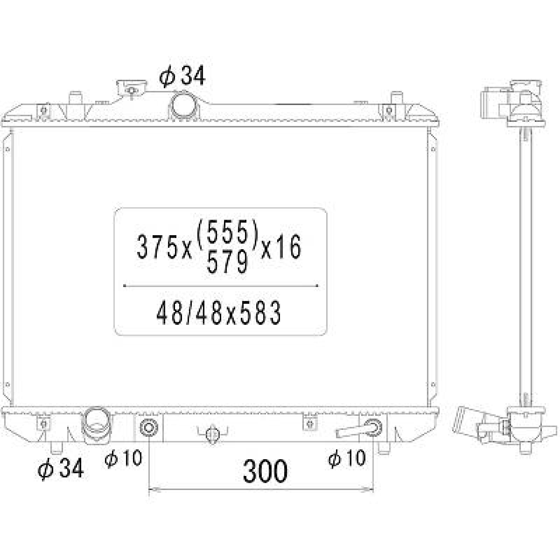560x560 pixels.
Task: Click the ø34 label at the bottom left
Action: tap(61, 468)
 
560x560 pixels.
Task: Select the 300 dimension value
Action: tap(265, 471)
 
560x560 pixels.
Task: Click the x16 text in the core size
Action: tap(281, 247)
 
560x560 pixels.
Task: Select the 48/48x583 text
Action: tap(218, 312)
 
